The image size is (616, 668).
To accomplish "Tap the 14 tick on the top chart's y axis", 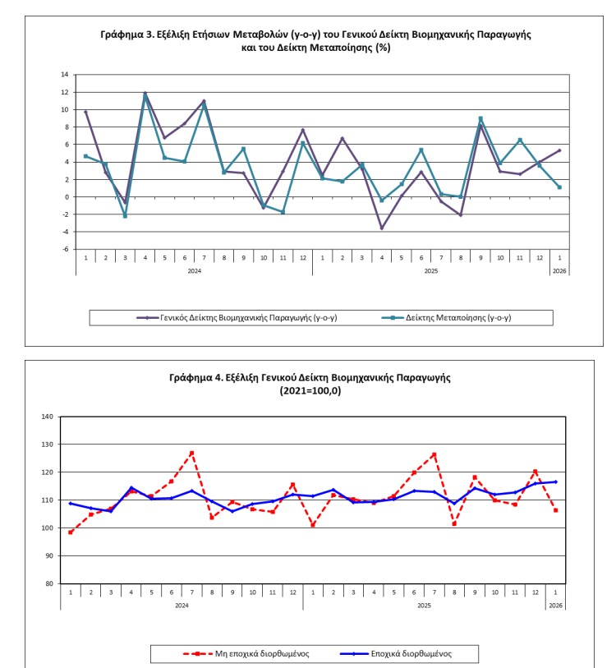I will coord(65,75).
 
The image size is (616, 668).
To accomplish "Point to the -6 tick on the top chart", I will coord(65,249).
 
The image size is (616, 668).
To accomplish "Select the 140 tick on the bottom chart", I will coord(47,417).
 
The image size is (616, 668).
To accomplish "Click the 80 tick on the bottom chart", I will coord(48,583).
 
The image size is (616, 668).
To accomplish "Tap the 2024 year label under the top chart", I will coord(194,270).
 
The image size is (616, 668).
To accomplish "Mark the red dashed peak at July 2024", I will coord(191,453).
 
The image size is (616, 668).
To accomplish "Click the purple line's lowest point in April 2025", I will coord(382,228).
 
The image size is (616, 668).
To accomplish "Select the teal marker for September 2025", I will coord(480,118).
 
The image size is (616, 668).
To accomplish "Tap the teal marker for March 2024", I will coord(126,216).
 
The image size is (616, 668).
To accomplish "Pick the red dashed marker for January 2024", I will coord(71,532).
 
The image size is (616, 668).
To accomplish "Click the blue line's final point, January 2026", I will coord(556,481).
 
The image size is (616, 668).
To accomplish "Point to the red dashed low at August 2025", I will coord(454,523).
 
